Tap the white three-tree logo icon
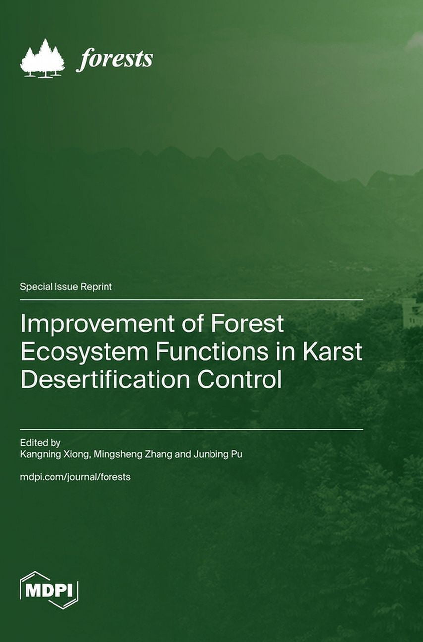43,58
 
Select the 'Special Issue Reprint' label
66,287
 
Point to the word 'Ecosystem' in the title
83,352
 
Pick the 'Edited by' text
40,442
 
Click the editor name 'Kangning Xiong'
54,454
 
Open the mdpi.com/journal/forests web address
75,477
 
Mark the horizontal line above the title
191,300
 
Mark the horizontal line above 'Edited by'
191,429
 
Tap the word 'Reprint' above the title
97,287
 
